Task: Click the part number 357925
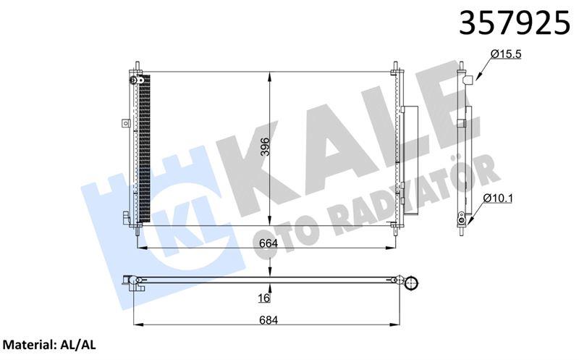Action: [x=515, y=22]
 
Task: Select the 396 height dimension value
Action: [x=266, y=146]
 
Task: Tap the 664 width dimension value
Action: [x=269, y=243]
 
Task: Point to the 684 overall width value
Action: [x=269, y=319]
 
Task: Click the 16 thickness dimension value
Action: [x=264, y=298]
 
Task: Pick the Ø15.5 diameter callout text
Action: [x=506, y=54]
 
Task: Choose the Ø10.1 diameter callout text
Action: [x=498, y=198]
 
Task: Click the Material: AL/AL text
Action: [x=49, y=346]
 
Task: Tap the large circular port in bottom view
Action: [x=411, y=283]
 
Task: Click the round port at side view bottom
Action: [x=461, y=222]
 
